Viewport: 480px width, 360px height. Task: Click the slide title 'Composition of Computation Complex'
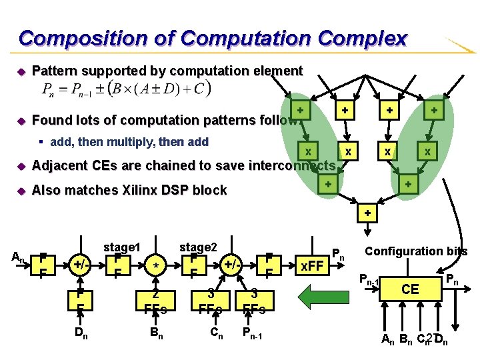[212, 38]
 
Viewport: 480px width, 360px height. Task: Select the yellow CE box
[411, 290]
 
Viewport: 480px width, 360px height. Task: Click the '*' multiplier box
[155, 265]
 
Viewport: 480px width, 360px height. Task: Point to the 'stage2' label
[199, 247]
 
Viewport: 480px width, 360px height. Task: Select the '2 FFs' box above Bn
[155, 301]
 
